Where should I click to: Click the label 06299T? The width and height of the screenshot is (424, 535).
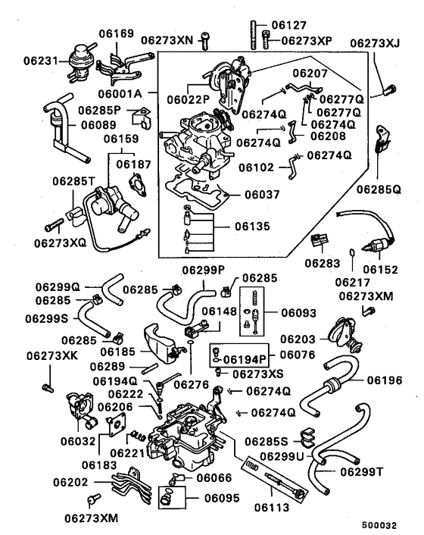pos(362,471)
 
